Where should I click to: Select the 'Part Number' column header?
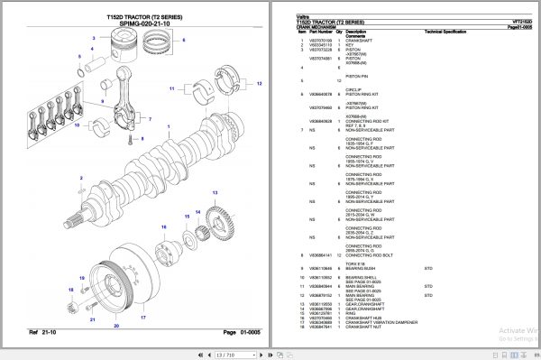[320, 32]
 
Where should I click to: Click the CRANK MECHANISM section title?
[316, 27]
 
